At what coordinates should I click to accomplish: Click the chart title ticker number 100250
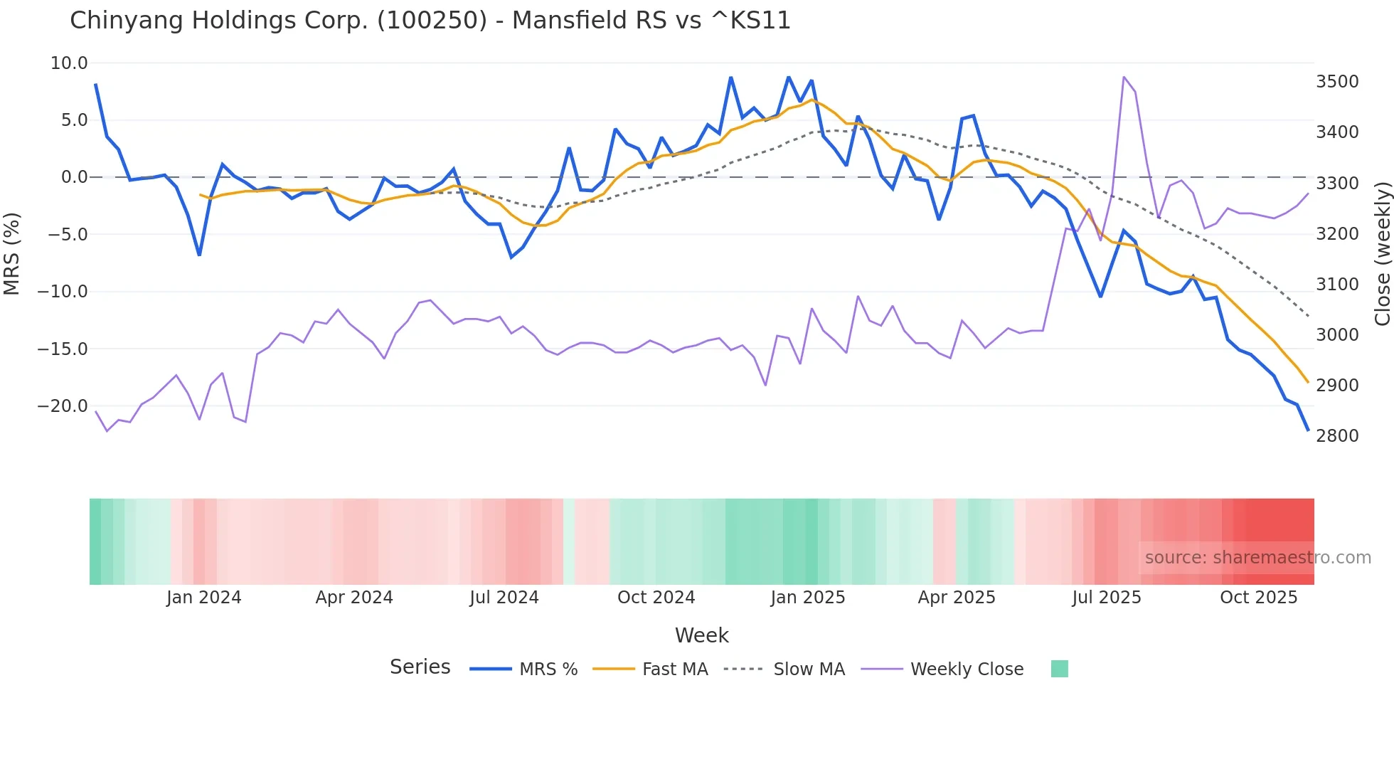432,21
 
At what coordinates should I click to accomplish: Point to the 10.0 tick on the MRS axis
69,63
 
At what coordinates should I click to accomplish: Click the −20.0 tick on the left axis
63,406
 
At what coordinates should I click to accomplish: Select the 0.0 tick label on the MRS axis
74,177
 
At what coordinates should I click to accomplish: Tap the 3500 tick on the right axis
1337,82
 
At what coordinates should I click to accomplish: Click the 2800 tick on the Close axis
1337,436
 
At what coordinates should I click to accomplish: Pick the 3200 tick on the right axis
1337,234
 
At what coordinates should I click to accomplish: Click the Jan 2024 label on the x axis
204,598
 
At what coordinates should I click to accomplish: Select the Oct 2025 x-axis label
1259,598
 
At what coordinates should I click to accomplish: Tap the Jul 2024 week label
504,598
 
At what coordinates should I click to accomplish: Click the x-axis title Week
701,635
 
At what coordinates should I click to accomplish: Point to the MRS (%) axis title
12,254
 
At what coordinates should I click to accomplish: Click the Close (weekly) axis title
1382,254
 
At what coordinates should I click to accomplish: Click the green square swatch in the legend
1059,669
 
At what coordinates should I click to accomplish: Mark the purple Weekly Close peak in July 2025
1124,77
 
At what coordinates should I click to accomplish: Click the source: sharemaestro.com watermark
1257,558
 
